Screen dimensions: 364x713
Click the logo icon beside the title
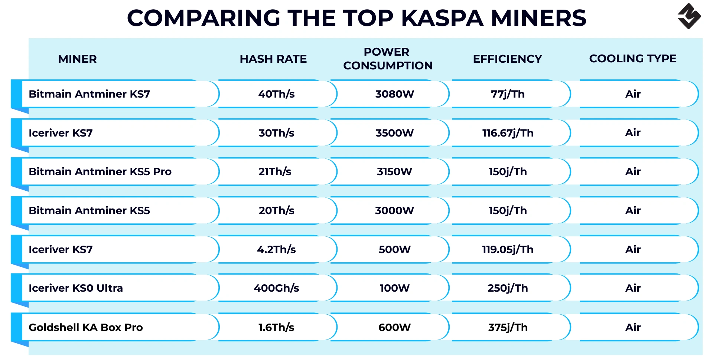tap(689, 16)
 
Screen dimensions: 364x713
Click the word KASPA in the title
tap(442, 18)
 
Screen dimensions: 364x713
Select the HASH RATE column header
tap(273, 59)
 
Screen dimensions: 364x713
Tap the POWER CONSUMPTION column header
tap(387, 59)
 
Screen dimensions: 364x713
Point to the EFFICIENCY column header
tap(507, 59)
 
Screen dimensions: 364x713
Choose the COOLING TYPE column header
tap(632, 59)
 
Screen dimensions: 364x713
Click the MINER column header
tap(77, 59)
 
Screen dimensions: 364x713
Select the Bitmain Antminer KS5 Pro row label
tap(100, 171)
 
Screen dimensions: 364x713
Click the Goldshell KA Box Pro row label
tap(85, 327)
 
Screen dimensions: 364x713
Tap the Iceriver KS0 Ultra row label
tap(75, 288)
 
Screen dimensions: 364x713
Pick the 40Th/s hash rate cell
tap(276, 94)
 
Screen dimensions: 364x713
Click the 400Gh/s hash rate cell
tap(276, 288)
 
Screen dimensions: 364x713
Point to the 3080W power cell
tap(394, 94)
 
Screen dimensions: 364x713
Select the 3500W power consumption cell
tap(394, 133)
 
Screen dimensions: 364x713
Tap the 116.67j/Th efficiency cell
tap(508, 133)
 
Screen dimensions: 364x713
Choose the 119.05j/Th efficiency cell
tap(508, 249)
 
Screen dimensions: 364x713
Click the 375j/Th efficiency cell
tap(508, 327)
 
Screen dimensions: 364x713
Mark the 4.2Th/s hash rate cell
tap(276, 249)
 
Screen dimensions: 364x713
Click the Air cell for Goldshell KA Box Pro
tap(633, 327)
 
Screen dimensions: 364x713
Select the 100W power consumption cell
tap(394, 288)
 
